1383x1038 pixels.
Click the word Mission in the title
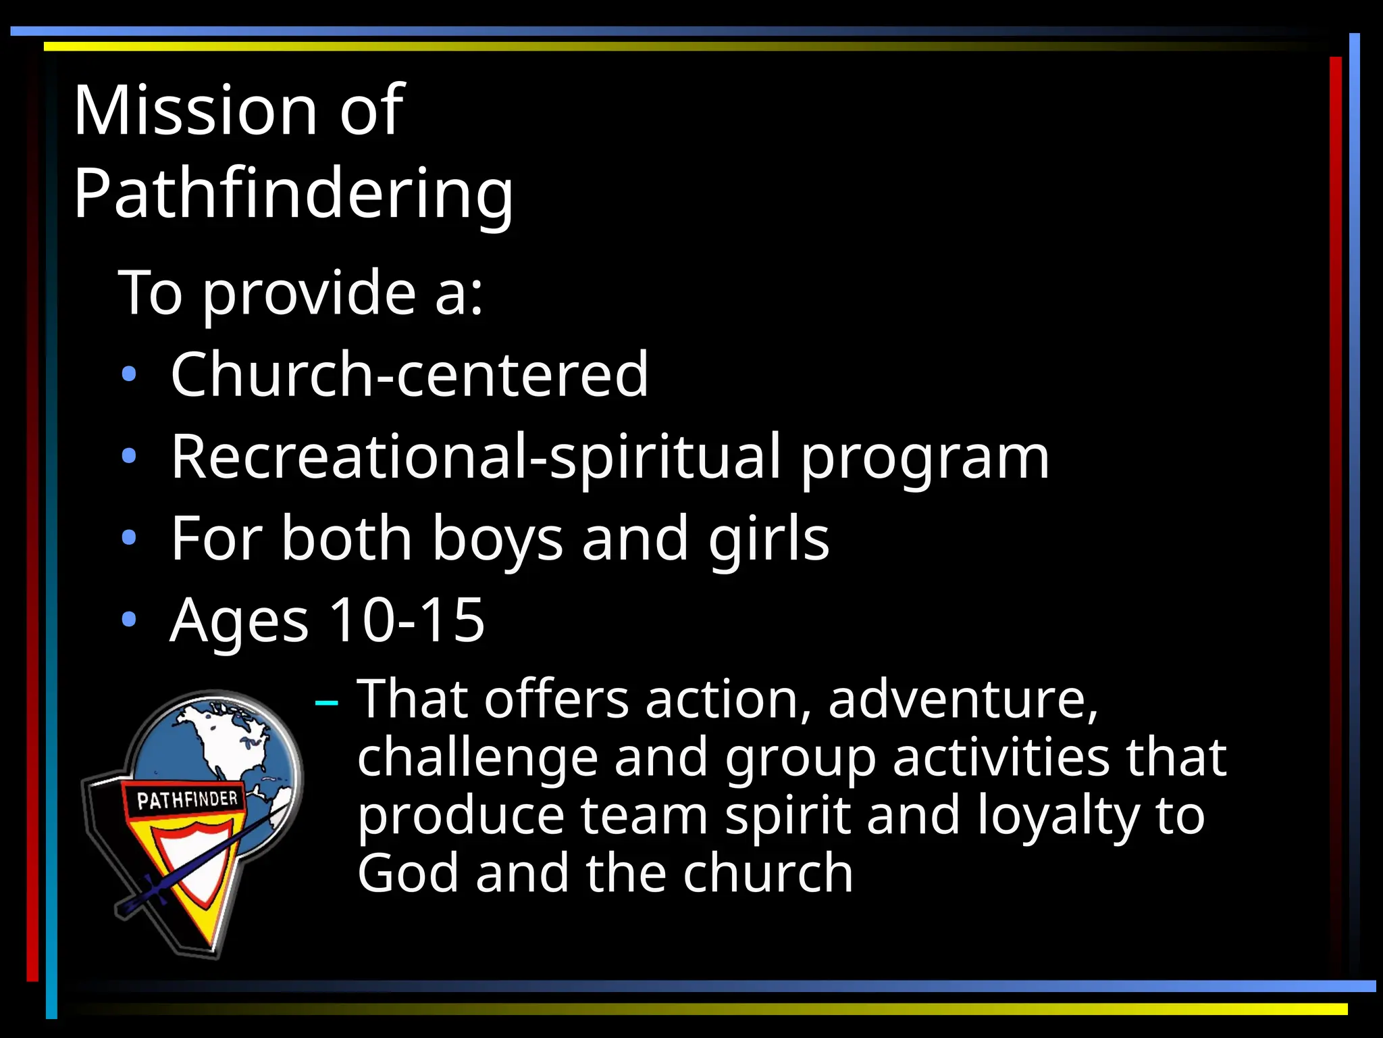pos(196,110)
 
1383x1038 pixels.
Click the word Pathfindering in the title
pos(293,194)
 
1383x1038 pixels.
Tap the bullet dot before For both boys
pos(129,539)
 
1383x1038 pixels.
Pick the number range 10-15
pos(407,620)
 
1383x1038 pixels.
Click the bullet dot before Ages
pos(129,620)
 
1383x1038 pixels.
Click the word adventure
pos(962,700)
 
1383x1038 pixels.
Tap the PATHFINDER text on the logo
pos(187,800)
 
